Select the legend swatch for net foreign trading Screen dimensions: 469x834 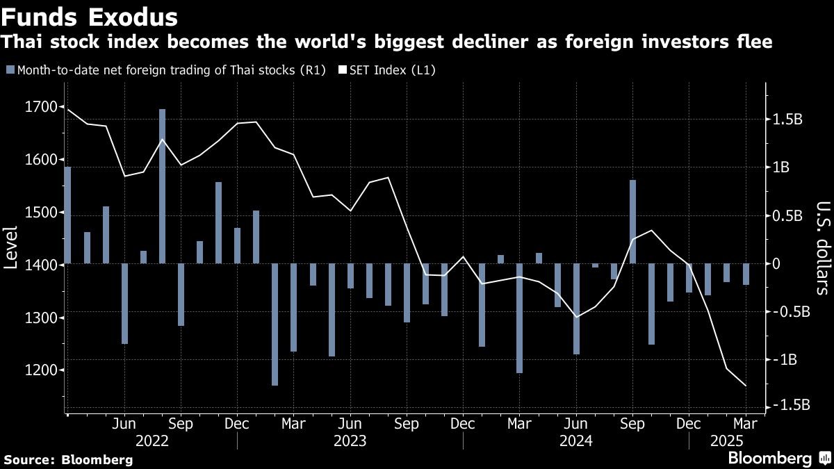[x=9, y=70]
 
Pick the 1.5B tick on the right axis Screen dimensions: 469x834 [x=788, y=120]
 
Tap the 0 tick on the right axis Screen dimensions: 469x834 [x=778, y=264]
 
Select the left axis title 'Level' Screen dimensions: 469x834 [x=12, y=247]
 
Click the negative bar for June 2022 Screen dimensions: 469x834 [x=124, y=304]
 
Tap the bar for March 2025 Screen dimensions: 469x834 [x=746, y=274]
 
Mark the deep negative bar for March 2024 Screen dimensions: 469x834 [x=519, y=318]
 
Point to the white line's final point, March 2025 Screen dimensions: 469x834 [x=746, y=386]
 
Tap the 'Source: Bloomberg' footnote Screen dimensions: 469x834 [x=67, y=459]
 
